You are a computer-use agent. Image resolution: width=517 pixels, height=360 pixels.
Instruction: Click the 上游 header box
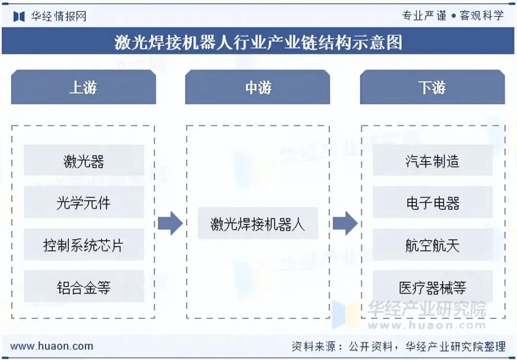coord(83,87)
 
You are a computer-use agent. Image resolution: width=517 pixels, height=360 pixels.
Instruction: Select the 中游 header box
coord(258,87)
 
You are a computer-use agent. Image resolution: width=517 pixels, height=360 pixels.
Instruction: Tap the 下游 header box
coord(432,87)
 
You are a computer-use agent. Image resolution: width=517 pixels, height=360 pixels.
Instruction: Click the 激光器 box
coord(84,161)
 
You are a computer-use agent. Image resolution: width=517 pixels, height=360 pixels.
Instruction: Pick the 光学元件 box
coord(84,203)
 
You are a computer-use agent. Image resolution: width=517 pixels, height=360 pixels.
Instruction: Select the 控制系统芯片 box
coord(84,245)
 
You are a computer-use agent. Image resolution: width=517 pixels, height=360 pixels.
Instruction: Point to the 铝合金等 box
coord(84,287)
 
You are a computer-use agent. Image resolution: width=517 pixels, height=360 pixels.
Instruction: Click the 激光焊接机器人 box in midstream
coord(258,224)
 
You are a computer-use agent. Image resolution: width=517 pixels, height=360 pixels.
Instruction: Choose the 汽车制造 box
coord(433,161)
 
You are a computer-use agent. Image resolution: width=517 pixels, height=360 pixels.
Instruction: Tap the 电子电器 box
coord(433,203)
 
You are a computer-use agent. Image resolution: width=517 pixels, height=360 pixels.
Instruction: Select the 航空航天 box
coord(433,245)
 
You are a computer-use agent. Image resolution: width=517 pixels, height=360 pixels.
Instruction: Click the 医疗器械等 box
coord(433,287)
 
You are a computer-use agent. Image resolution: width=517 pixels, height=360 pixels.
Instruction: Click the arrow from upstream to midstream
coord(170,224)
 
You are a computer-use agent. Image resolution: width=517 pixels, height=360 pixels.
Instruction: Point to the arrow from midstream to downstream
coord(345,224)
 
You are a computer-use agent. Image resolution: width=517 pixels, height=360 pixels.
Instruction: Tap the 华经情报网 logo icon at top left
coord(19,16)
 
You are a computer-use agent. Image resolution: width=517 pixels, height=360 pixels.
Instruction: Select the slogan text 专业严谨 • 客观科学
coord(452,15)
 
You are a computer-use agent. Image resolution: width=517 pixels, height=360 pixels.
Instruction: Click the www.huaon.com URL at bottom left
coord(52,346)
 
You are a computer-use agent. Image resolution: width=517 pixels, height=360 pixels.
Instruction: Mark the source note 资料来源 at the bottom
coord(398,346)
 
